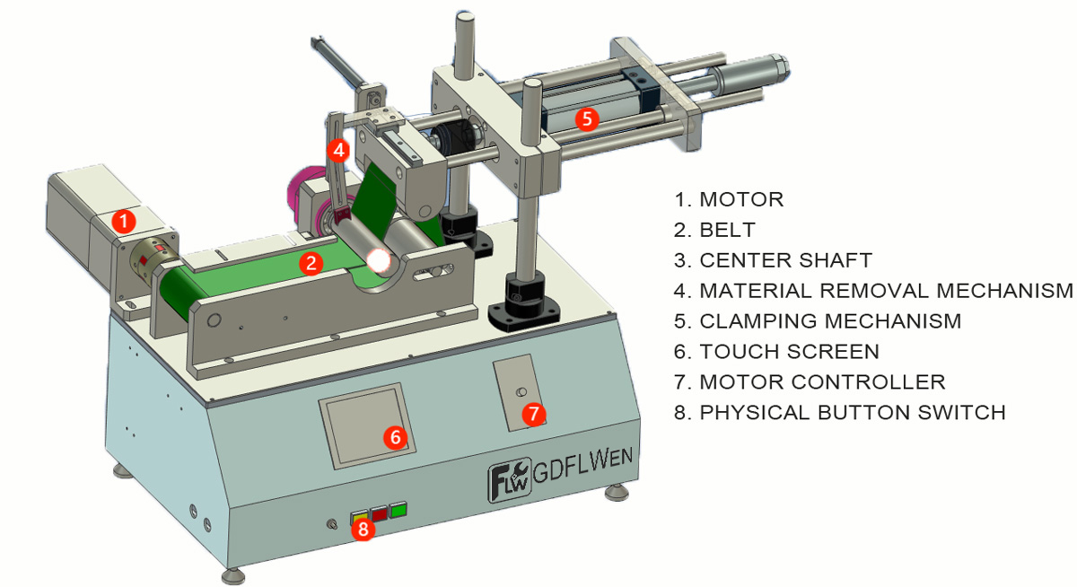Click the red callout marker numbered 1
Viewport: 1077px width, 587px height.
click(124, 218)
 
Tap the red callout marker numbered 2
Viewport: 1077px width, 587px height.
click(311, 263)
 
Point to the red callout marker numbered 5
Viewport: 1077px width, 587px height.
click(586, 118)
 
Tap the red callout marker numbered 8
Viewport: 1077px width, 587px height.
click(363, 529)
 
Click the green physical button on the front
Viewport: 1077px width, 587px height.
click(398, 511)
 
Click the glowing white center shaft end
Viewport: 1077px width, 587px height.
click(379, 261)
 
